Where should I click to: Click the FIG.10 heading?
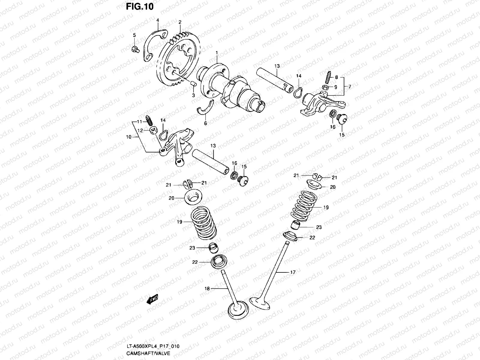[140, 7]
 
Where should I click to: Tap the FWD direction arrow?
[152, 299]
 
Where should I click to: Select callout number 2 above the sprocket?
[180, 22]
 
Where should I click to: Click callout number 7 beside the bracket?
[349, 87]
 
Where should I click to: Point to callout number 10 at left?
[129, 137]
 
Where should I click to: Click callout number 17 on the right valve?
[293, 272]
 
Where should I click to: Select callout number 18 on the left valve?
[207, 288]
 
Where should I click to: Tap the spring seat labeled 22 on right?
[291, 236]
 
